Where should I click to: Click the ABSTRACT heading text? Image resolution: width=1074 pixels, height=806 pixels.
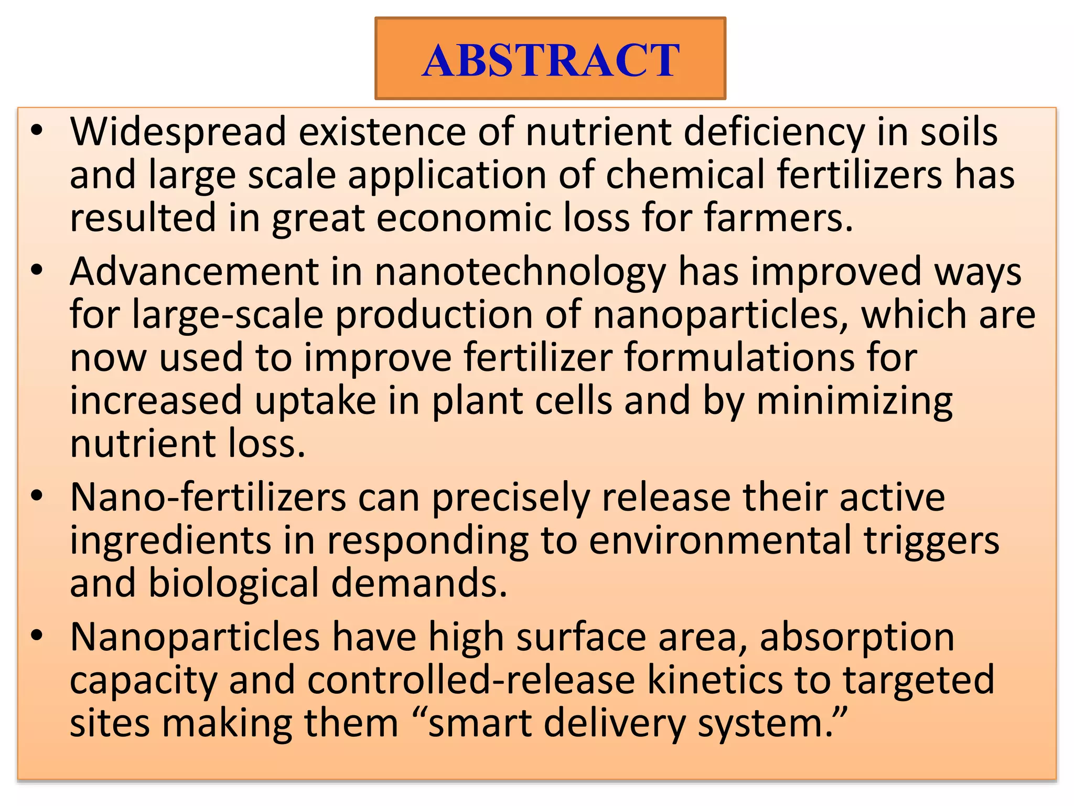coord(551,60)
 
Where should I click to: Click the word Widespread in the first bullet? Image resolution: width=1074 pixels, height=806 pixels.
coord(178,132)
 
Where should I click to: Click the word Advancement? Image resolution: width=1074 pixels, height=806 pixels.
coord(195,272)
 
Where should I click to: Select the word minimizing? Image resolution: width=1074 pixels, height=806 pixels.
coord(854,401)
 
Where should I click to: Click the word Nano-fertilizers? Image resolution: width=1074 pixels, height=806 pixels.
coord(208,497)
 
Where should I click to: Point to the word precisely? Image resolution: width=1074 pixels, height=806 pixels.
coord(511,498)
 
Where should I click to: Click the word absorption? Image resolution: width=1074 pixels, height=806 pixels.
coord(857,637)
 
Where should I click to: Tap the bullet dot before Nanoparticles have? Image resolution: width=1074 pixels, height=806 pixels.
coord(36,635)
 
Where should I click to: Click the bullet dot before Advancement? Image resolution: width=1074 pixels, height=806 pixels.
coord(36,271)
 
